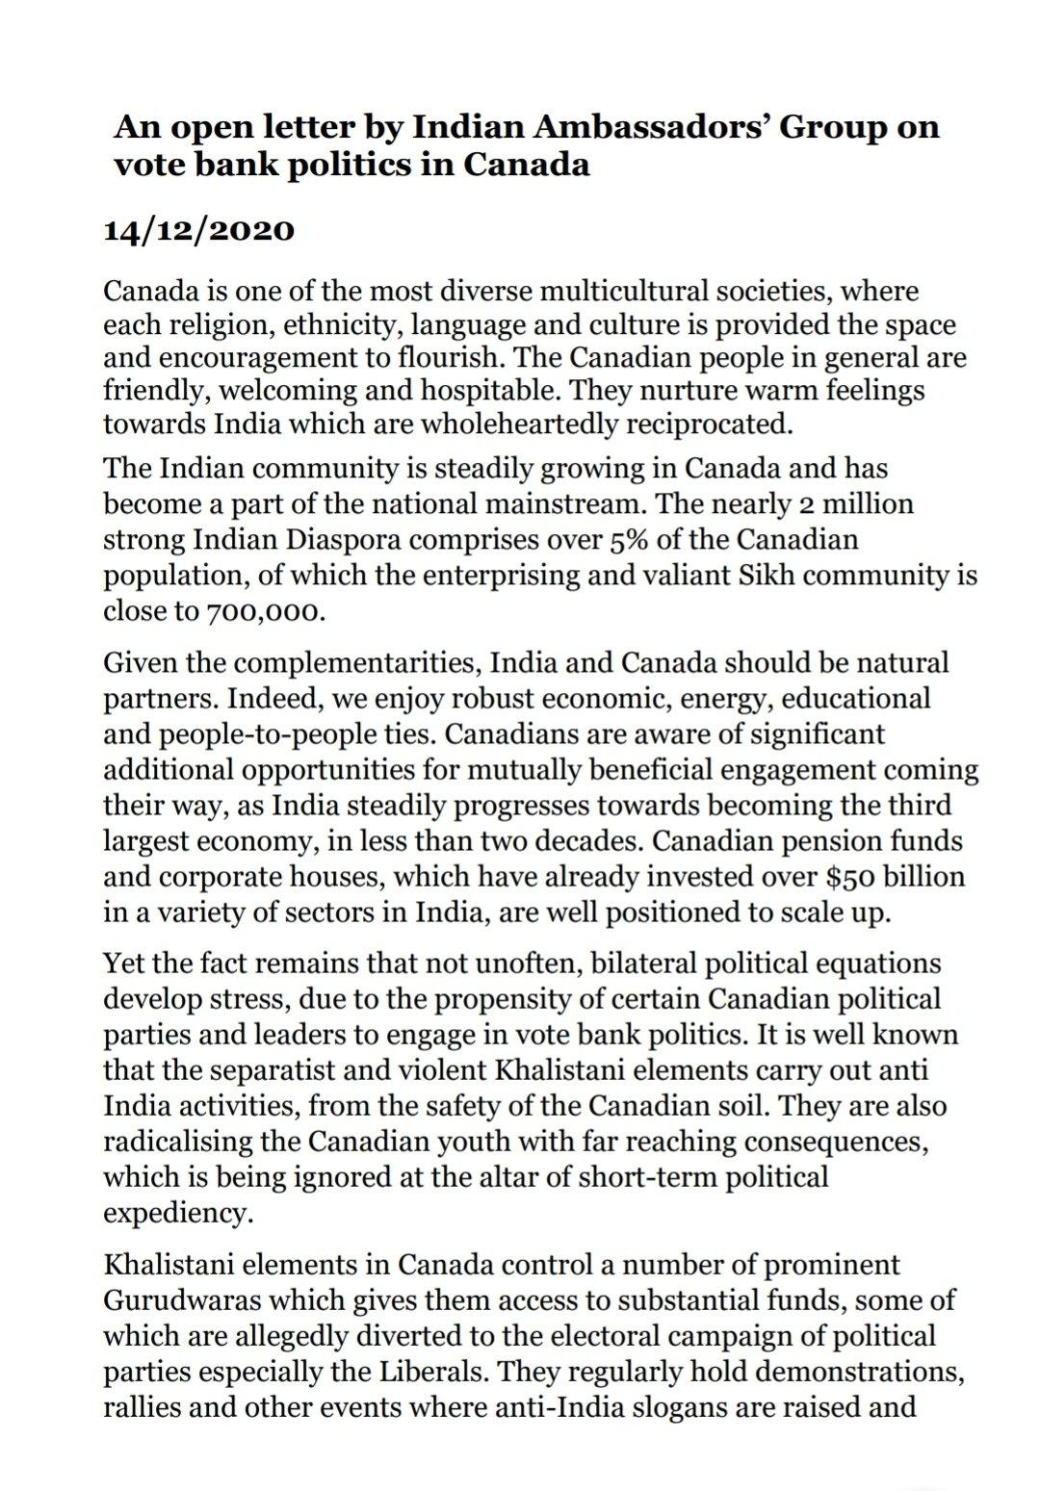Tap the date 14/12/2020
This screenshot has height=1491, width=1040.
(x=197, y=231)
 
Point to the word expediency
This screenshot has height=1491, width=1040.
(x=177, y=1213)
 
